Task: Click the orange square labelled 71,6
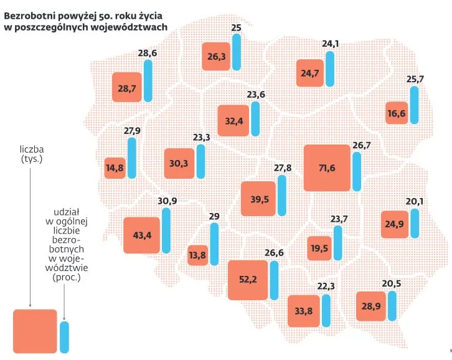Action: (x=327, y=168)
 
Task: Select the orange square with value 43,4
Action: (x=142, y=235)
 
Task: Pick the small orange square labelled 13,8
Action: (x=197, y=255)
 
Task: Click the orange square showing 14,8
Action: (x=115, y=168)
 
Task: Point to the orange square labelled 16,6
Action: (x=397, y=113)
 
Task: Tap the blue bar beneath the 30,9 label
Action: (x=166, y=230)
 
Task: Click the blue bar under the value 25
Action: (x=236, y=54)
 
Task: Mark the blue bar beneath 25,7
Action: (x=414, y=105)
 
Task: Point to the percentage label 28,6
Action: (x=147, y=54)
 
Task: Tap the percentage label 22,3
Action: (x=326, y=287)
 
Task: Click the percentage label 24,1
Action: (x=331, y=44)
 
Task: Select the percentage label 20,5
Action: (x=392, y=285)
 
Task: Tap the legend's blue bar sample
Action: (x=64, y=337)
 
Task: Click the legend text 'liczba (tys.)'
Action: (x=31, y=154)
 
